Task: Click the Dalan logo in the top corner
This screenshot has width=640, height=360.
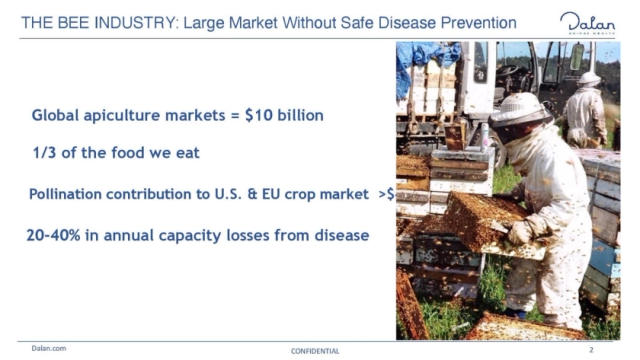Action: (587, 22)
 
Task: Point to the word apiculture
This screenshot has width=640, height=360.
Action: (121, 115)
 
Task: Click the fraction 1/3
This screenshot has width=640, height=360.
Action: (46, 152)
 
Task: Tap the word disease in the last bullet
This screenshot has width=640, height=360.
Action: (340, 235)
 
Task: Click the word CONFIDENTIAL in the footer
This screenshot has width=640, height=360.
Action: (314, 351)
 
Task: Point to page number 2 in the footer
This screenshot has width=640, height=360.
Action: (592, 350)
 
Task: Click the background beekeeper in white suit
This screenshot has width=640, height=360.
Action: (586, 110)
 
